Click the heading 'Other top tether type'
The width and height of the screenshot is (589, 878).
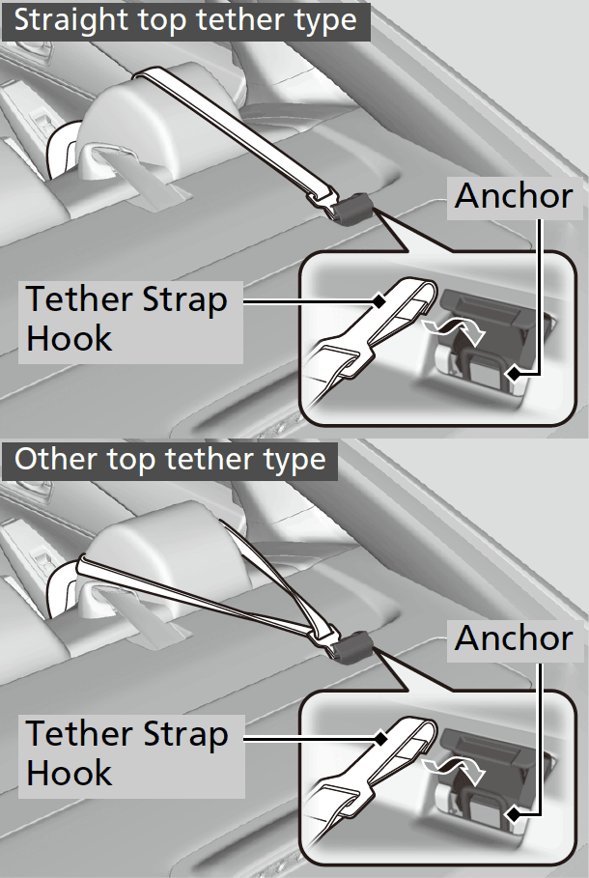pos(170,459)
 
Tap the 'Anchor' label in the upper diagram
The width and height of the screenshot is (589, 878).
pos(514,196)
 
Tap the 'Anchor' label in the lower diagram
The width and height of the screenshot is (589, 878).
pos(514,637)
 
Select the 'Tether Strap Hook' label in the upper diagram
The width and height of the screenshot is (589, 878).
pos(126,318)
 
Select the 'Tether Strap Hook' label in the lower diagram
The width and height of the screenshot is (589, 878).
pos(126,753)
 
